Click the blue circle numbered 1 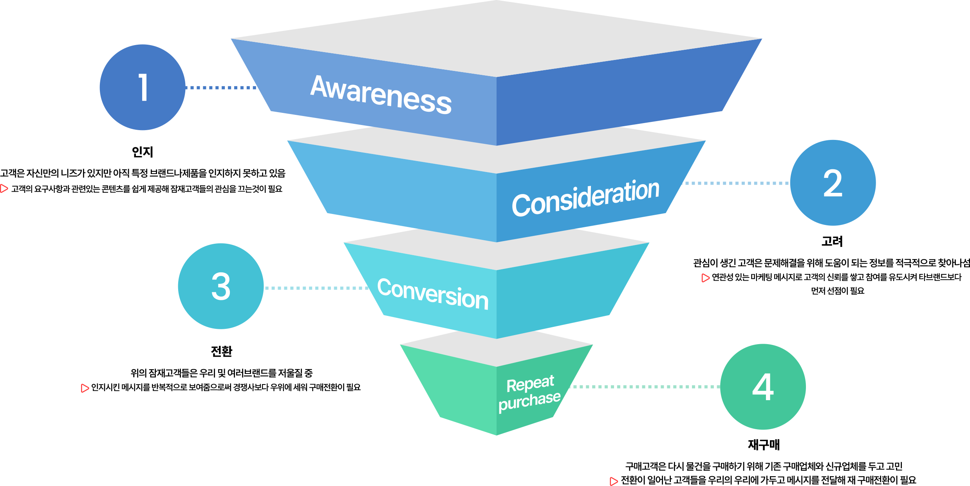tap(143, 87)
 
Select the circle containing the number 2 tap(833, 183)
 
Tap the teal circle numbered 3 tap(221, 286)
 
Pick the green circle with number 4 tap(763, 387)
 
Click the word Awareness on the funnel tap(381, 94)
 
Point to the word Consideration tap(585, 198)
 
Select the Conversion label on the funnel tap(433, 294)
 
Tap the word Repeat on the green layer tap(530, 384)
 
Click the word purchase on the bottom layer tap(529, 401)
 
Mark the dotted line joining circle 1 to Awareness tap(221, 87)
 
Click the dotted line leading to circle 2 tap(736, 183)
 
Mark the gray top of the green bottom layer tap(497, 349)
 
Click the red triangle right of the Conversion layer tap(705, 278)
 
